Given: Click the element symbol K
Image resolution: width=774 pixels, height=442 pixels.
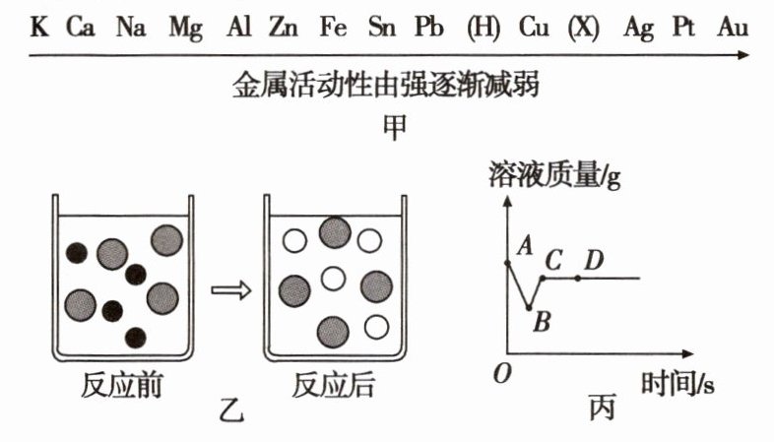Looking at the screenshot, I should click(38, 28).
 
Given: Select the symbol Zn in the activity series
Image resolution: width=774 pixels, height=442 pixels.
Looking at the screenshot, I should click(286, 28).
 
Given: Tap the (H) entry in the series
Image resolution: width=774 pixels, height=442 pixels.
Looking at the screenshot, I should click(484, 28).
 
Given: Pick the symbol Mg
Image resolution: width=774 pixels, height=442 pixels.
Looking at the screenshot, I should click(185, 28).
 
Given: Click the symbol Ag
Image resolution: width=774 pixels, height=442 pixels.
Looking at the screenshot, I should click(638, 28).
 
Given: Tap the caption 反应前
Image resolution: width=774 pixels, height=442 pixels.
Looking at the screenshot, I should click(122, 386).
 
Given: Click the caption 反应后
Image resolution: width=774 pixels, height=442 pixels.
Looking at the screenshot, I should click(334, 386).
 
